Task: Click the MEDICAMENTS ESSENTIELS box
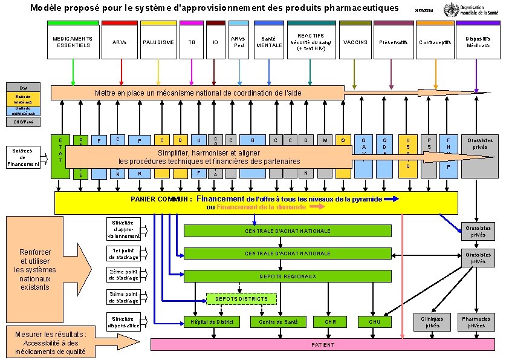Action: [x=73, y=42]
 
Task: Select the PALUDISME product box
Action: [x=158, y=42]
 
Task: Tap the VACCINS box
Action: [x=355, y=42]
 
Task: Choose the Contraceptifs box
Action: [x=435, y=42]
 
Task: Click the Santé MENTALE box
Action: [x=269, y=42]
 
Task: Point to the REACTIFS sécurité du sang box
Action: [x=310, y=42]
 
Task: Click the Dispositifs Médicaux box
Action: [x=478, y=42]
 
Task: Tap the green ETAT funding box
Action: [x=60, y=156]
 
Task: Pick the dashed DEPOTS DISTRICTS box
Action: [x=241, y=299]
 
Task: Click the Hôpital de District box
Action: [x=211, y=322]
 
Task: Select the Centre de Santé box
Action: [x=278, y=322]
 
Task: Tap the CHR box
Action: [x=330, y=322]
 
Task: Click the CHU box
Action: [x=374, y=322]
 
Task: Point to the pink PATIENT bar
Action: [x=322, y=345]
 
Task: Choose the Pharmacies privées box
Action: [x=476, y=322]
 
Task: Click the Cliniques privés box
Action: [x=432, y=322]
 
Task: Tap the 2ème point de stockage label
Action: [x=123, y=275]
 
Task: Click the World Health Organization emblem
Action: [x=450, y=10]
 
